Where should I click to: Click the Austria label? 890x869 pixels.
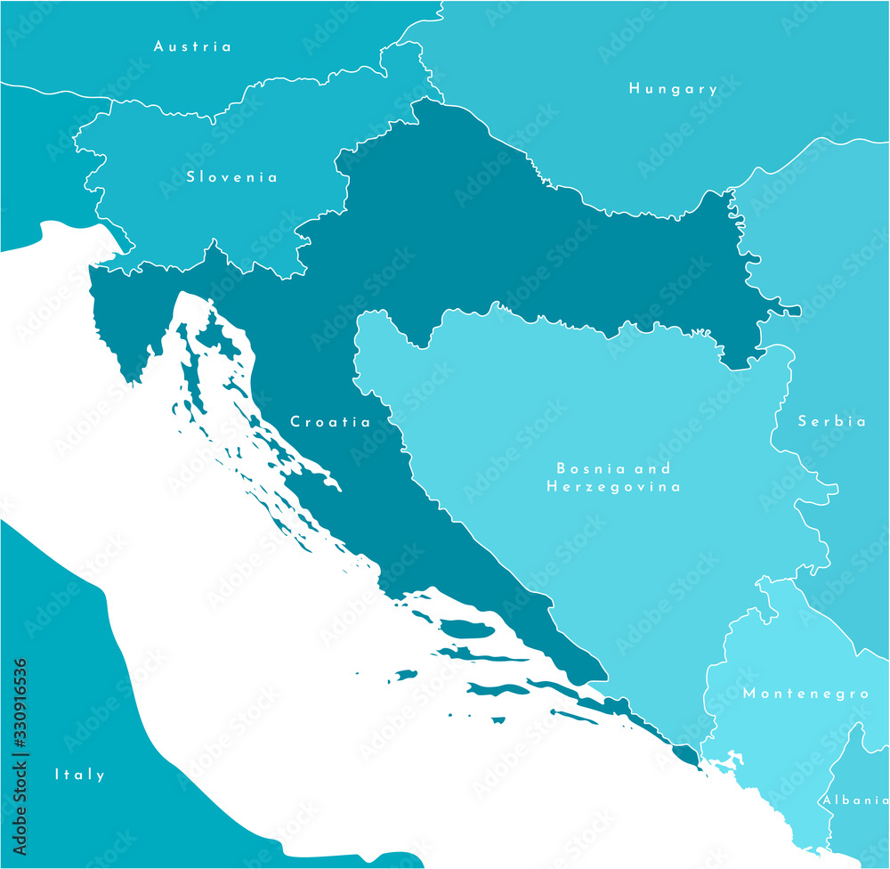click(192, 46)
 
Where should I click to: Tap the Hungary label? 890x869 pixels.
click(673, 89)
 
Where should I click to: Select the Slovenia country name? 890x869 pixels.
click(231, 177)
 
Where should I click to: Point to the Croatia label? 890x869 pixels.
click(331, 422)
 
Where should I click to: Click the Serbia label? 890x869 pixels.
click(831, 422)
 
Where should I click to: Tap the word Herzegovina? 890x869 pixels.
click(613, 487)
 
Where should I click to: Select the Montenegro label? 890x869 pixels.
click(805, 694)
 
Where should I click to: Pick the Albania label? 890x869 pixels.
click(854, 800)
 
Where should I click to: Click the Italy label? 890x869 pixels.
click(79, 775)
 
